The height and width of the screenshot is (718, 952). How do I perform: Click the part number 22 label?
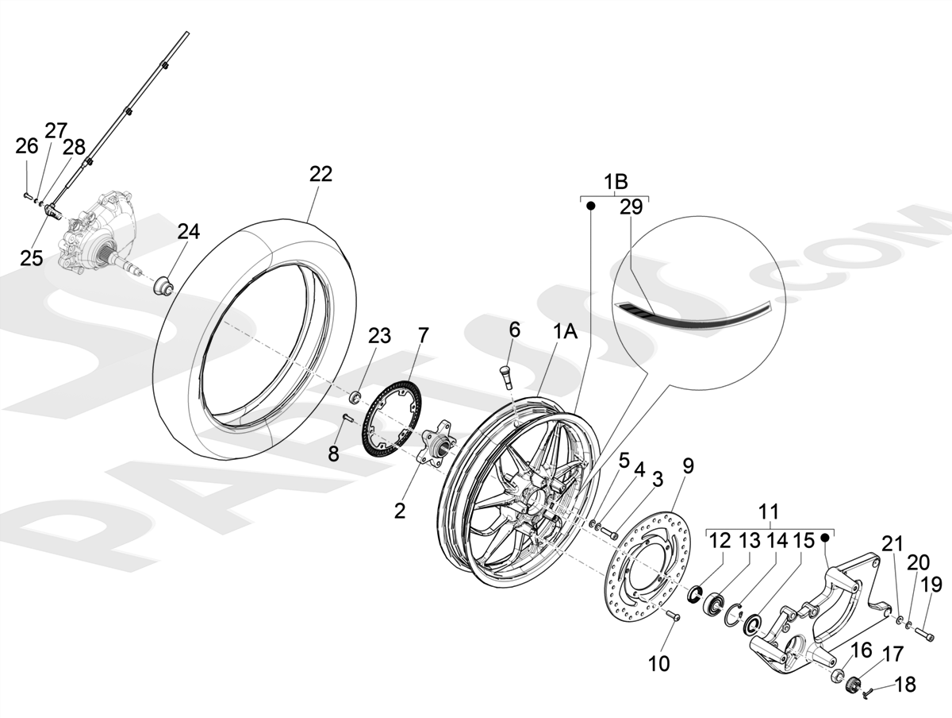[321, 175]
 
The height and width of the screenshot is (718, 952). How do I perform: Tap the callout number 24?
[189, 233]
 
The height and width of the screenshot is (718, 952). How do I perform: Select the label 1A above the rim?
[564, 333]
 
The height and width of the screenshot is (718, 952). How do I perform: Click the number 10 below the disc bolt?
[659, 663]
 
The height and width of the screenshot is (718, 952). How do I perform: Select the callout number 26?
[27, 146]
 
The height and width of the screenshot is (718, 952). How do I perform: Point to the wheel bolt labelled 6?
[506, 374]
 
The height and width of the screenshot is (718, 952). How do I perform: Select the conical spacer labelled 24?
[163, 284]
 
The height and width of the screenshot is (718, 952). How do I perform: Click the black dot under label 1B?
[591, 206]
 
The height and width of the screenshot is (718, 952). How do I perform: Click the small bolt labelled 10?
[674, 616]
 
